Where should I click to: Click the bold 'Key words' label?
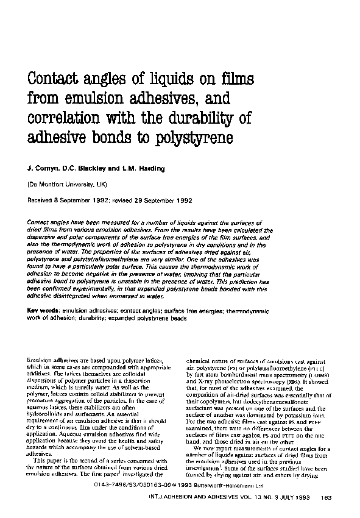point(44,312)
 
